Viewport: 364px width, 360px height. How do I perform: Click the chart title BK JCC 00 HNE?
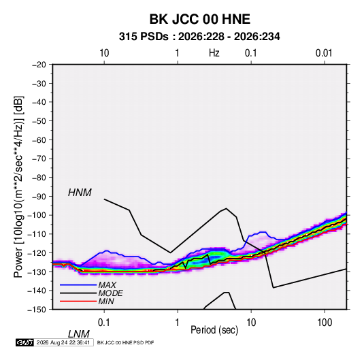pos(199,19)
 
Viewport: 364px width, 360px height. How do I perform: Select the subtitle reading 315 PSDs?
pos(144,37)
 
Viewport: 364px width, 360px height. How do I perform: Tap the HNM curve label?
pos(80,193)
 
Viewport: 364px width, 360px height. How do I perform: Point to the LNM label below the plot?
pos(79,334)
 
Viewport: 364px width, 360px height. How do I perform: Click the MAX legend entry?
pos(107,285)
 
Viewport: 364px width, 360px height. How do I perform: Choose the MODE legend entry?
pos(110,293)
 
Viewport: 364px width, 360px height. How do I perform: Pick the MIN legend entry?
pos(106,301)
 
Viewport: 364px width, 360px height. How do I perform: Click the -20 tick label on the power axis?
pos(39,65)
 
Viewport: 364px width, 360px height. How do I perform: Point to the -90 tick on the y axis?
pos(39,197)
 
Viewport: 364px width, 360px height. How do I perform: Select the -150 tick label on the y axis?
pos(37,310)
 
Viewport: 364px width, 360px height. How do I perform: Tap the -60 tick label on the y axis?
pos(39,140)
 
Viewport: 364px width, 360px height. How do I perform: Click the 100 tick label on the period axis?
pos(325,323)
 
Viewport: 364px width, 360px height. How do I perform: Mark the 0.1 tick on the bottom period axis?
pos(103,323)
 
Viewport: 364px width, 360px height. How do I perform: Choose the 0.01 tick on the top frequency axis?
pos(324,53)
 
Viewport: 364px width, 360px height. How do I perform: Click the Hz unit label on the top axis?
pos(214,53)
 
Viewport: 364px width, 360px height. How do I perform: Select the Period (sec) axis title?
pos(214,330)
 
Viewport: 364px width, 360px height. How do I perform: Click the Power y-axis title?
pos(18,186)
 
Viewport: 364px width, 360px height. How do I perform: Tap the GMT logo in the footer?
pos(24,342)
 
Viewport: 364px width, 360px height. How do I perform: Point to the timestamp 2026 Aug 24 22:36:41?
pos(63,342)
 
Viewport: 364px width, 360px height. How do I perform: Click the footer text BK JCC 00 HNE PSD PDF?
pos(125,342)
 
